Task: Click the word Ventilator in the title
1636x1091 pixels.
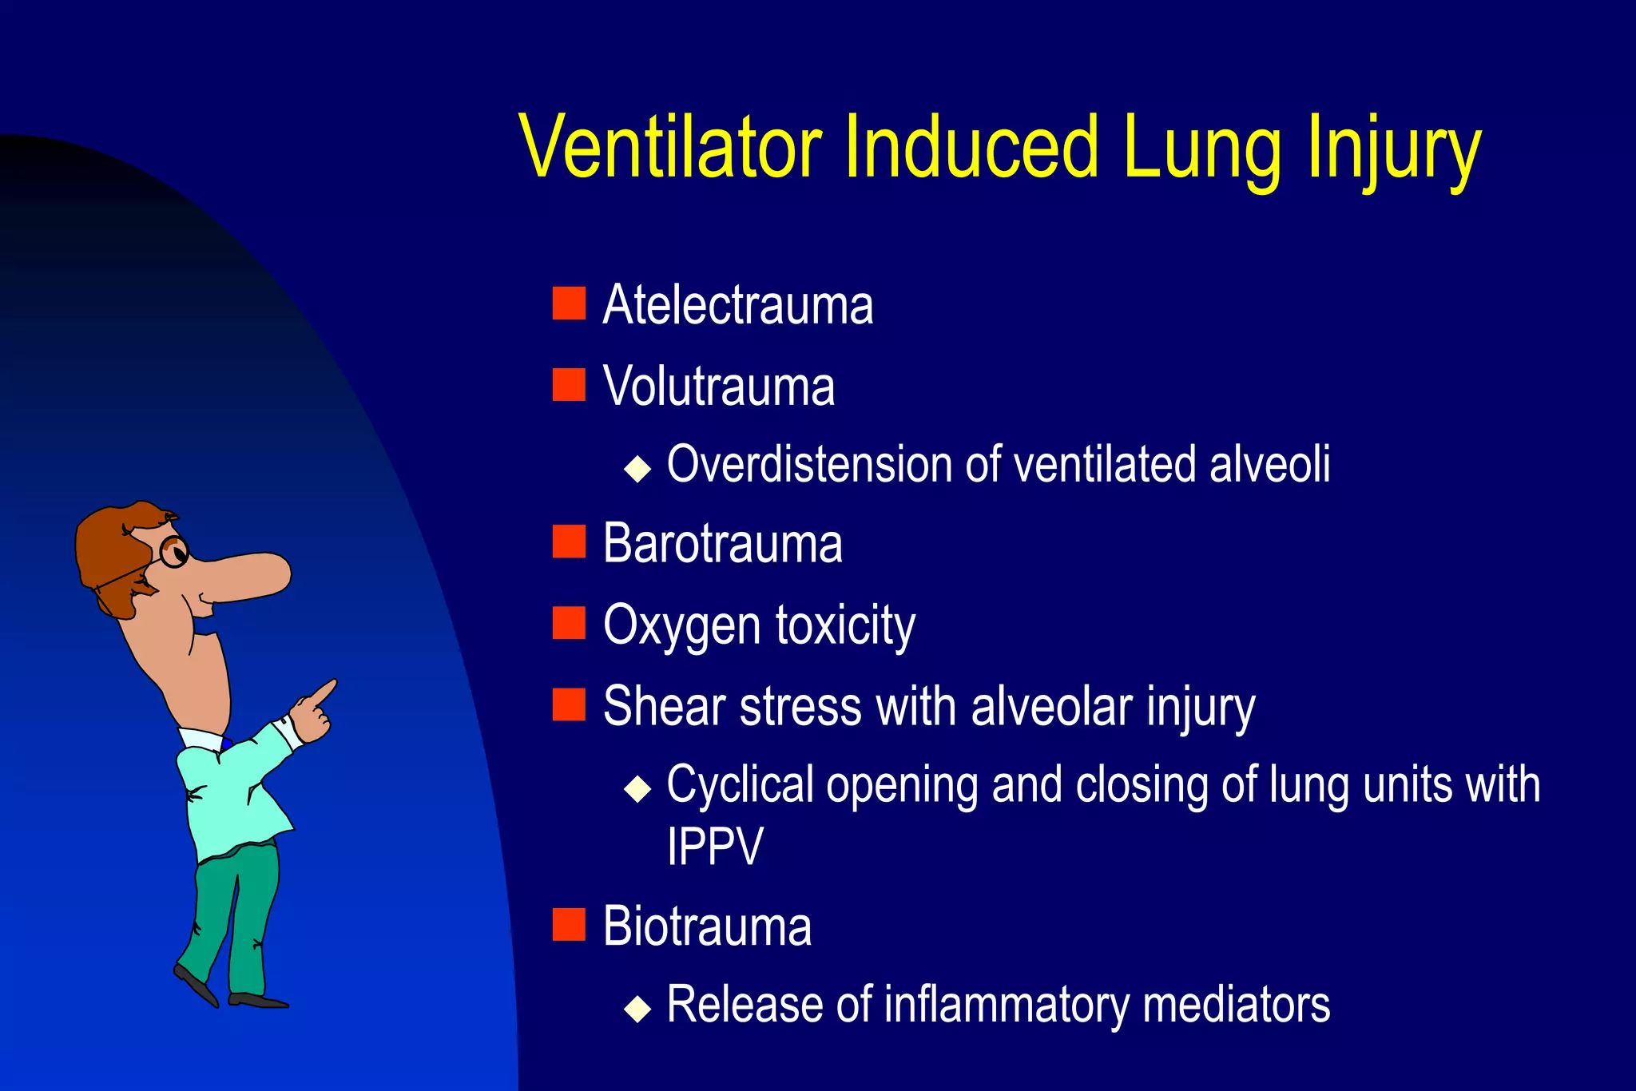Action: pos(670,147)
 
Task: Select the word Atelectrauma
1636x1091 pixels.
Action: pos(737,305)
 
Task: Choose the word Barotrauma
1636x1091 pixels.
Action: pos(722,544)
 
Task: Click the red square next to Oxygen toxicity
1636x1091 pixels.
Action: pos(569,623)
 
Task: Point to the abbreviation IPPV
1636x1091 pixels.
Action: pos(715,846)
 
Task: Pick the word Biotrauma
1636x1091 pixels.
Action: pos(707,926)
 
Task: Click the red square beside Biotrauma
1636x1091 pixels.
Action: pos(569,925)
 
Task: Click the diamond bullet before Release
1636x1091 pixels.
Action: pos(637,1008)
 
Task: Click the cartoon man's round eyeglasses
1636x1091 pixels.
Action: pos(173,551)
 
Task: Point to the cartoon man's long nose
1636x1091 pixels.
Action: pos(248,575)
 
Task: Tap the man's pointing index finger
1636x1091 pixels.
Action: pos(324,691)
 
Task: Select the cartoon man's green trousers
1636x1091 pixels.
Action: pos(236,910)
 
